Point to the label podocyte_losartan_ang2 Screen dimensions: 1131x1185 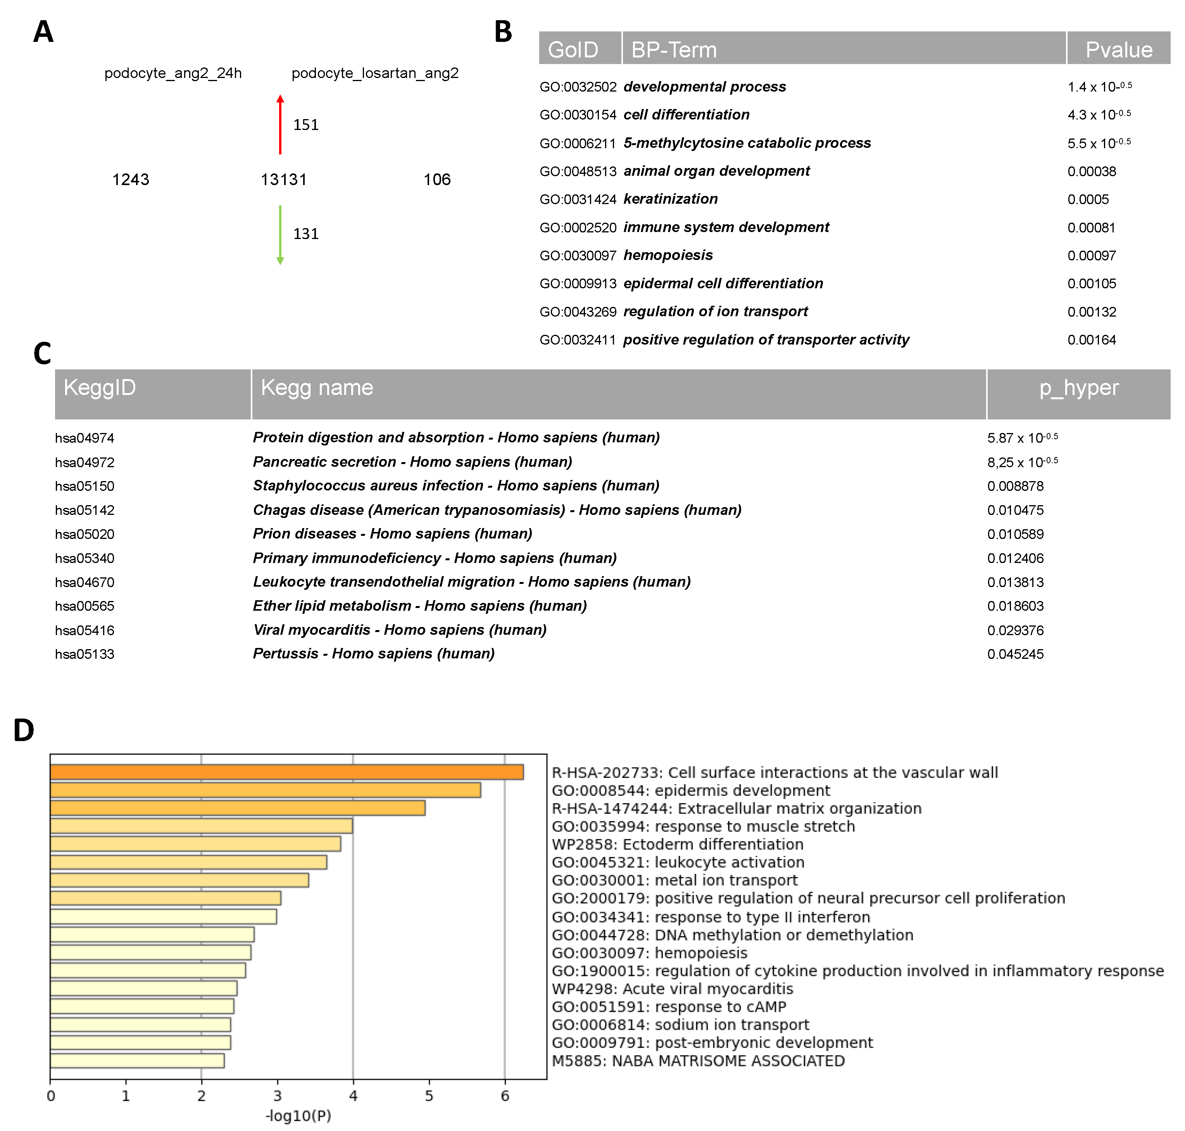pyautogui.click(x=375, y=74)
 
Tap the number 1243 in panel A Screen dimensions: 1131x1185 pyautogui.click(x=131, y=180)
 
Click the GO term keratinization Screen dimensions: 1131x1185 pyautogui.click(x=671, y=199)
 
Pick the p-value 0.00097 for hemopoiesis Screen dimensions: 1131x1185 pyautogui.click(x=1092, y=256)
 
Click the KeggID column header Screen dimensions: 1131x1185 pyautogui.click(x=100, y=388)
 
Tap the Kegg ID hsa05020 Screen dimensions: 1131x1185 pyautogui.click(x=85, y=534)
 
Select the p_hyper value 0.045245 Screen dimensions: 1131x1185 pyautogui.click(x=1015, y=654)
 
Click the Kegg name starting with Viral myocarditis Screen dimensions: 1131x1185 pyautogui.click(x=399, y=630)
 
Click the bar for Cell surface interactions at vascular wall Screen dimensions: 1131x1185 pyautogui.click(x=287, y=772)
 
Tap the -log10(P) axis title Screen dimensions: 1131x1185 pyautogui.click(x=298, y=1116)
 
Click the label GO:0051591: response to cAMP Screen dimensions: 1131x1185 pyautogui.click(x=669, y=1007)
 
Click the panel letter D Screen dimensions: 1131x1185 pyautogui.click(x=24, y=730)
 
